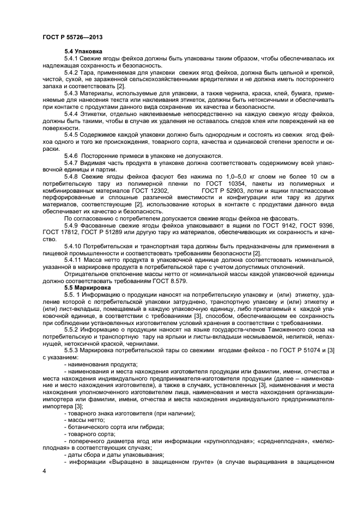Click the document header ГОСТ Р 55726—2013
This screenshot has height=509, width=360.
73,36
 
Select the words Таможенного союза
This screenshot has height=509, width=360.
297,329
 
